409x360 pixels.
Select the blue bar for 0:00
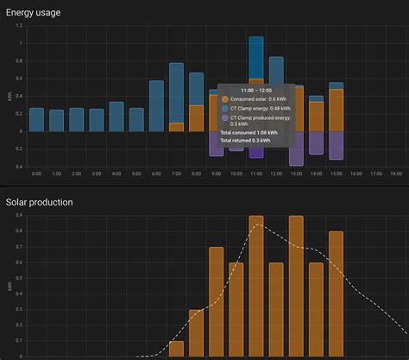[x=36, y=119]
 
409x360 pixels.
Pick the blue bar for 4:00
[x=116, y=117]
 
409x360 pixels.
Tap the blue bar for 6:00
[x=156, y=106]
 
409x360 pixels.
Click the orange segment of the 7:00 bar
[x=176, y=127]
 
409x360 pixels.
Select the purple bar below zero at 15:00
[x=336, y=145]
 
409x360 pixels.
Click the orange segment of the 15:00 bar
[x=336, y=111]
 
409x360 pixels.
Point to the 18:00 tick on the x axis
[x=396, y=174]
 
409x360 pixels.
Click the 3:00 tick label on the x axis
[x=96, y=174]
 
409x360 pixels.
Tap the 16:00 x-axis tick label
[x=356, y=174]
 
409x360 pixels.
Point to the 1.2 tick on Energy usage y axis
[x=18, y=25]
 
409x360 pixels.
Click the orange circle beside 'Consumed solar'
[x=224, y=99]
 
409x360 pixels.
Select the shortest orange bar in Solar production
[x=176, y=349]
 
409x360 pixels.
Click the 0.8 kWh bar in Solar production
[x=336, y=294]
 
